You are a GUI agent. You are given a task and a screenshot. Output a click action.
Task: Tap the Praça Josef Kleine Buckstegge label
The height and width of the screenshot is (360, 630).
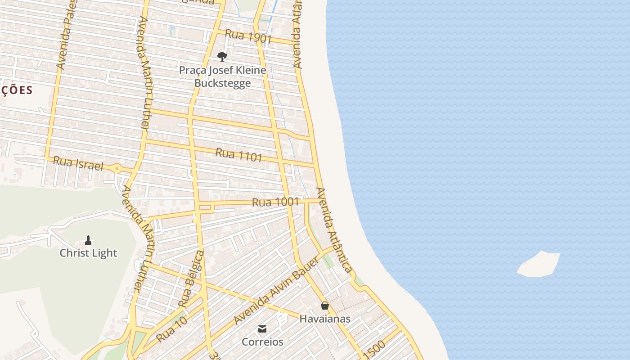(x=223, y=76)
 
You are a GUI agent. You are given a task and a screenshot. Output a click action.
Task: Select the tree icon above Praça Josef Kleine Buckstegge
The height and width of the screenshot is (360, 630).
(x=222, y=56)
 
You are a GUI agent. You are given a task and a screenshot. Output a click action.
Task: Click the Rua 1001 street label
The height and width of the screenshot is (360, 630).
(x=275, y=202)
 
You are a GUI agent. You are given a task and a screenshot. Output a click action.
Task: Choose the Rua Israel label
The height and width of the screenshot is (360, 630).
(x=78, y=163)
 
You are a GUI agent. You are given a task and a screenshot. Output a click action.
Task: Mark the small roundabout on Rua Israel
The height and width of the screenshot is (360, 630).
(x=117, y=169)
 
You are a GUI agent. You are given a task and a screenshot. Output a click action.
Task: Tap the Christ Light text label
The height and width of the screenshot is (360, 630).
(x=88, y=253)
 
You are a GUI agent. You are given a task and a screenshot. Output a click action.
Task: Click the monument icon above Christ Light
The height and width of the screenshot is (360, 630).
(x=88, y=240)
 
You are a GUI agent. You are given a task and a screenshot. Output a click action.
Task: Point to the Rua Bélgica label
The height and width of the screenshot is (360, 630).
(x=191, y=279)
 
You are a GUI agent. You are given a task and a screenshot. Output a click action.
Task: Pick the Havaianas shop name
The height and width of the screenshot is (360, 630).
(x=325, y=319)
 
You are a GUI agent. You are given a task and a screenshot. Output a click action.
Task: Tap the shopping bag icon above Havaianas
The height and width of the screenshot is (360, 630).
(x=325, y=306)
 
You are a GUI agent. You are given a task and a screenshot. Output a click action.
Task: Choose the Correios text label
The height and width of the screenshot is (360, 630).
(x=263, y=342)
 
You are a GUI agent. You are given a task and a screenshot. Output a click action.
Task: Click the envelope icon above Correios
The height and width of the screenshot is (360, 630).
(x=262, y=329)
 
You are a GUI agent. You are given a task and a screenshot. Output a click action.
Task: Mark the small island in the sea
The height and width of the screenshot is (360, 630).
(x=539, y=264)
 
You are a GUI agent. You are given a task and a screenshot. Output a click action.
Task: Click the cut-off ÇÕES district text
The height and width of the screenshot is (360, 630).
(x=17, y=90)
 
